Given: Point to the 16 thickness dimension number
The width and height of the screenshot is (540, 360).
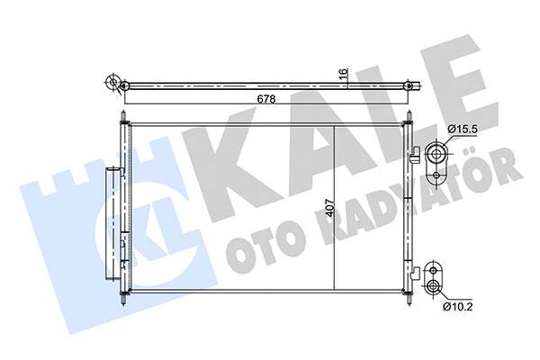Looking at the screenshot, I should [x=342, y=73].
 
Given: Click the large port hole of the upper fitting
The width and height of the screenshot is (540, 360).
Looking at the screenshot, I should [x=436, y=153].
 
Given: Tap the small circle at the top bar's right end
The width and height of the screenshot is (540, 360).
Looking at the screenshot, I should [x=410, y=85].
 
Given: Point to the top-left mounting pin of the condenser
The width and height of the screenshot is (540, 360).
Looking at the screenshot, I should [x=121, y=117].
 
